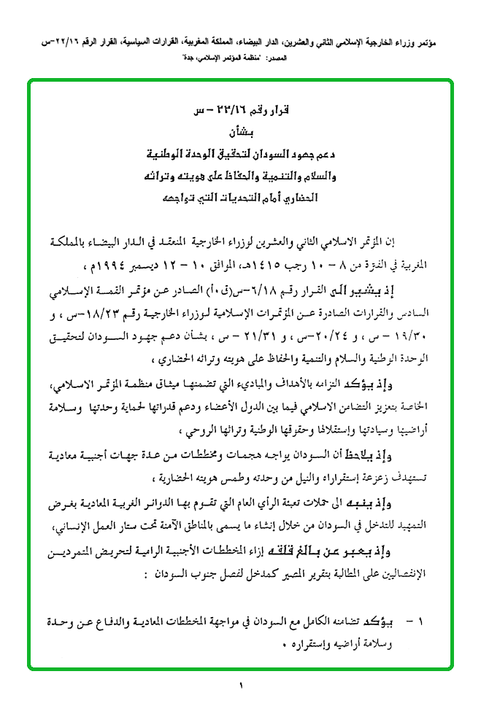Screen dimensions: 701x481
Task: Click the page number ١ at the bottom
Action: coord(239,684)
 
